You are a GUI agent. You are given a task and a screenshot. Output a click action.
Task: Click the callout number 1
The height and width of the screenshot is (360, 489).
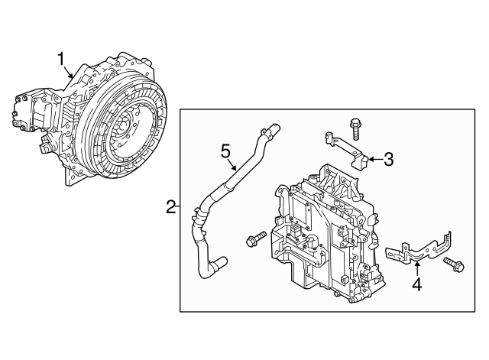(62, 58)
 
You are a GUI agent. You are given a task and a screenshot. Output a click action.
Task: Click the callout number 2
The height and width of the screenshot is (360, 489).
(170, 206)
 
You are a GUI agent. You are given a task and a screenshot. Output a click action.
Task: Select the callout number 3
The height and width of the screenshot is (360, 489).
(388, 160)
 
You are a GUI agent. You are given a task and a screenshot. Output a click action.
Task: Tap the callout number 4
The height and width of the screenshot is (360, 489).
(416, 286)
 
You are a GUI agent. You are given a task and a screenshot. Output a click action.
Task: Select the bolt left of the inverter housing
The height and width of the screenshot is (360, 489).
(254, 241)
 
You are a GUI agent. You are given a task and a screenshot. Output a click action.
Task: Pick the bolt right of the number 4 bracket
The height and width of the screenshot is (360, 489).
(453, 265)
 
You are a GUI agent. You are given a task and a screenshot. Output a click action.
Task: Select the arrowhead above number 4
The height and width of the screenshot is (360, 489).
(416, 262)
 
